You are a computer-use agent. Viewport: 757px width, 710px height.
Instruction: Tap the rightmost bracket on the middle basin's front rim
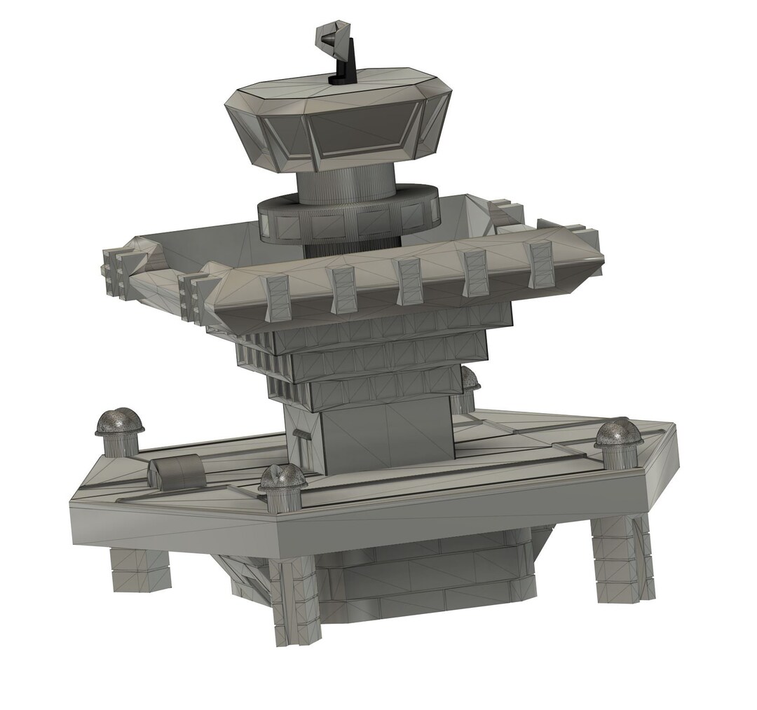[540, 263]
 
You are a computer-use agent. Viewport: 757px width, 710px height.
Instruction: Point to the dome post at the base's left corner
[119, 431]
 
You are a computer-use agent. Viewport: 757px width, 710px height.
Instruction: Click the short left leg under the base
[140, 569]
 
